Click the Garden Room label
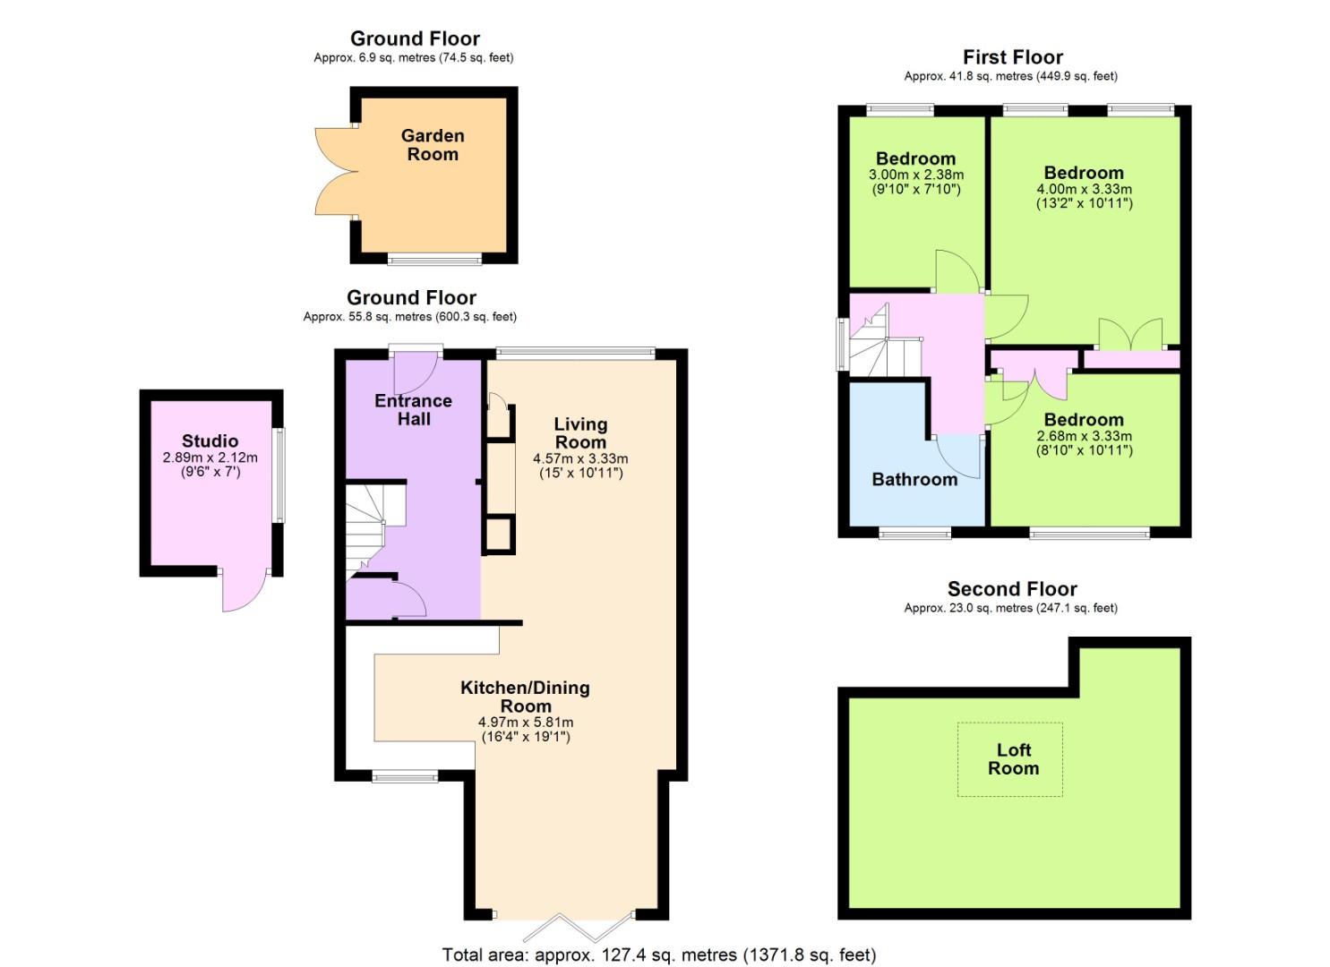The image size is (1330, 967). click(x=433, y=145)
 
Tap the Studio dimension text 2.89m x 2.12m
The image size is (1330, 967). click(x=210, y=458)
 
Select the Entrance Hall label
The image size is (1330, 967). click(x=413, y=409)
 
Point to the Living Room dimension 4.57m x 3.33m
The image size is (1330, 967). click(x=580, y=458)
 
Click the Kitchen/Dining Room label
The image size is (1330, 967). click(x=526, y=697)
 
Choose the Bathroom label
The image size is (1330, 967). click(x=914, y=480)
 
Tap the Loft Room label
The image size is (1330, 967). click(x=1013, y=758)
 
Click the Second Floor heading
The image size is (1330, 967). click(x=1012, y=589)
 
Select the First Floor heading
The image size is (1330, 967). click(x=1012, y=57)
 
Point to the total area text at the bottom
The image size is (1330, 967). click(x=659, y=954)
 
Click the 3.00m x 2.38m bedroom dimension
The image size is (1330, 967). click(x=915, y=175)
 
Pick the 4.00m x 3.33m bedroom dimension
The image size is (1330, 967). click(x=1085, y=189)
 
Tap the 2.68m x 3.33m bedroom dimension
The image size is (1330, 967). click(x=1085, y=436)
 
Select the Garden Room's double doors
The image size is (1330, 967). click(x=336, y=171)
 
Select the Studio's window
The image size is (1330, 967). click(x=279, y=475)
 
